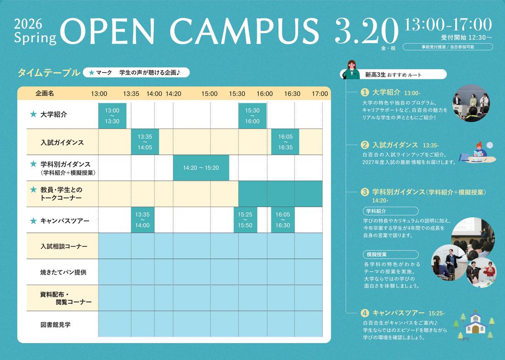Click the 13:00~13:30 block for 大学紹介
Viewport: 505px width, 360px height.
[112, 116]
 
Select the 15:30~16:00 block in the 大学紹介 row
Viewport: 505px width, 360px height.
[252, 116]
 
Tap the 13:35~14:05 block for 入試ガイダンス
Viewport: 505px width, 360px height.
[145, 142]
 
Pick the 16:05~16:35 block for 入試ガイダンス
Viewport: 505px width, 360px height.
[285, 142]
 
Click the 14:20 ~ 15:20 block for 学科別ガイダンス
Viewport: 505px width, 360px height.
[201, 168]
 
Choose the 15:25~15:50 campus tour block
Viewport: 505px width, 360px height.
[245, 220]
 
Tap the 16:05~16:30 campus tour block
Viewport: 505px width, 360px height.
[283, 220]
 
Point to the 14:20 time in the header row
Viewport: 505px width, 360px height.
[173, 94]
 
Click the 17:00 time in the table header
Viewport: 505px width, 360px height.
[320, 94]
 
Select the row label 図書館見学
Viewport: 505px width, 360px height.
[56, 325]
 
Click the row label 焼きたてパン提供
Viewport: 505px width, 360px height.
[63, 272]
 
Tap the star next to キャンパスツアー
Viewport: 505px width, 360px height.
[33, 220]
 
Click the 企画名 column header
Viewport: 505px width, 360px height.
[45, 93]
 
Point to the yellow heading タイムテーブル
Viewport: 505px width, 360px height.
[49, 73]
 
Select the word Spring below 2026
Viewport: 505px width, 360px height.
[35, 38]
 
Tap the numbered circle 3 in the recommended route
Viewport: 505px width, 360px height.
[365, 192]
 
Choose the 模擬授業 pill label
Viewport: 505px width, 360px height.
[391, 254]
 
